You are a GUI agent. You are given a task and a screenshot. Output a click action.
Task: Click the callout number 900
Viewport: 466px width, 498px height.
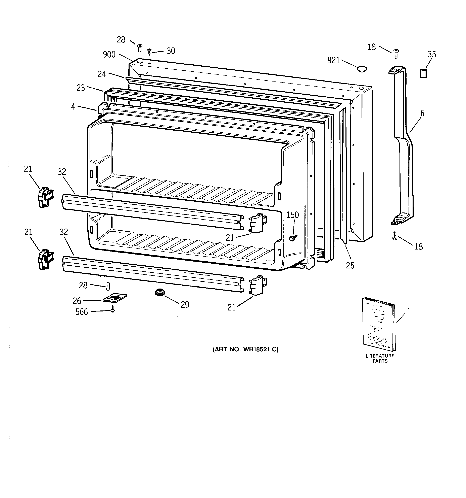[x=109, y=55]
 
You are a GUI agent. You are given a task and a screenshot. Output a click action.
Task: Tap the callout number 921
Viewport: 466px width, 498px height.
[x=333, y=60]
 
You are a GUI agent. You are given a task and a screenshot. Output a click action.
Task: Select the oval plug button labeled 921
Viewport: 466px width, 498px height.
[x=361, y=68]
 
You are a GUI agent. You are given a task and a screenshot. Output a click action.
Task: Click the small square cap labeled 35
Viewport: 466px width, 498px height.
[x=423, y=74]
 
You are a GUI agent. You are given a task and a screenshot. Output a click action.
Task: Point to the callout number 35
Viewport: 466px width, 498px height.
[x=432, y=54]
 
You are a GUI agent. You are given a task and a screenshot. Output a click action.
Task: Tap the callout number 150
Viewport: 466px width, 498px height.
[x=293, y=215]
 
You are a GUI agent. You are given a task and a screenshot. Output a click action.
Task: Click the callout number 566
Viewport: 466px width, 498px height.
[x=82, y=312]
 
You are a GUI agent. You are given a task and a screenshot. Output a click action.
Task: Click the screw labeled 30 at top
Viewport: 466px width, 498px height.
[x=149, y=51]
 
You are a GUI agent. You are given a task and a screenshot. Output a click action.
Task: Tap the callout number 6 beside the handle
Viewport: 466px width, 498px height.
[x=422, y=113]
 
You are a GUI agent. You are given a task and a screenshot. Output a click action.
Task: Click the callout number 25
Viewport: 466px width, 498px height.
[x=350, y=266]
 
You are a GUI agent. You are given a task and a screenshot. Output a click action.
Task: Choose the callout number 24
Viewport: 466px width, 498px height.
[x=102, y=74]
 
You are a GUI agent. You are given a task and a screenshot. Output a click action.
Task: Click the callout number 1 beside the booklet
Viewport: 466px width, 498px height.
[x=409, y=312]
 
